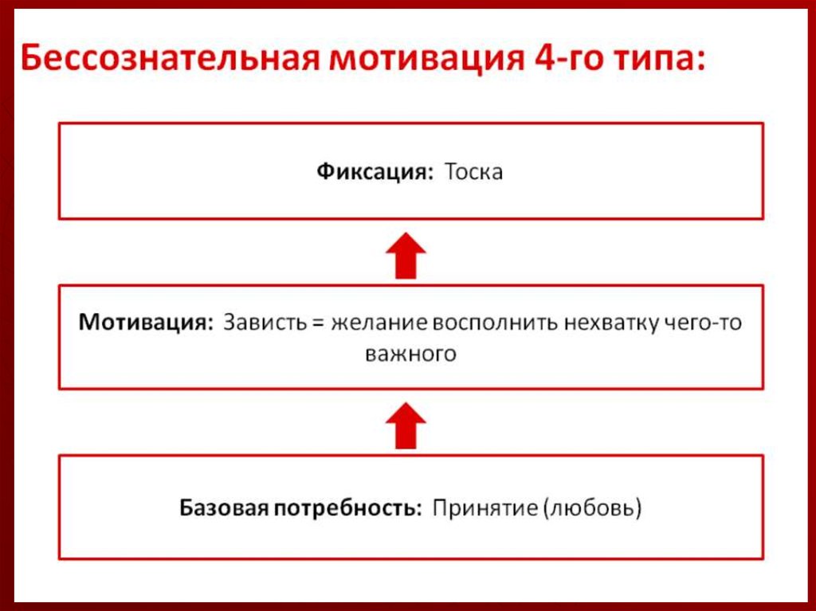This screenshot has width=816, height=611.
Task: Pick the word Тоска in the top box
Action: [x=473, y=172]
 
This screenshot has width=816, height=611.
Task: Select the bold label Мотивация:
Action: [x=146, y=323]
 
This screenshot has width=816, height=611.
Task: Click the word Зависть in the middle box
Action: [x=261, y=323]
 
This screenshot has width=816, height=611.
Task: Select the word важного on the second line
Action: [x=410, y=354]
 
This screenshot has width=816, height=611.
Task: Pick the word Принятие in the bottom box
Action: [x=484, y=507]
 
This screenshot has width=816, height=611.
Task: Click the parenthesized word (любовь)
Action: [x=592, y=507]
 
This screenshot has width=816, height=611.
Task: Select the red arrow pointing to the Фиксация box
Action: [x=406, y=255]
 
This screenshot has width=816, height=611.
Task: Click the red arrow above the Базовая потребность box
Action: [x=406, y=425]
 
